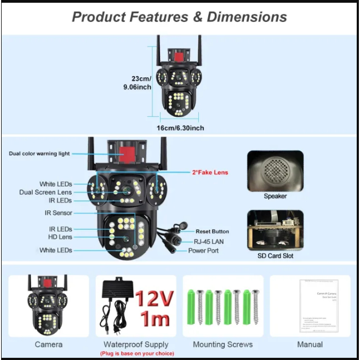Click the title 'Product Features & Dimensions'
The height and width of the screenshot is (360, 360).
click(x=179, y=16)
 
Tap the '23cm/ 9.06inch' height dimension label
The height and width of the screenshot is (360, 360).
click(x=137, y=82)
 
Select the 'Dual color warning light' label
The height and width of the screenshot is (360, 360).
click(x=39, y=153)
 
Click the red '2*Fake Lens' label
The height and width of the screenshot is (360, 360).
click(x=209, y=172)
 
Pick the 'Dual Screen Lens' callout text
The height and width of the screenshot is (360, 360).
click(x=45, y=192)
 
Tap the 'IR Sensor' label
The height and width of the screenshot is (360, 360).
click(x=59, y=213)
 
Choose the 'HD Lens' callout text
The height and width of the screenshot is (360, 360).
click(x=60, y=237)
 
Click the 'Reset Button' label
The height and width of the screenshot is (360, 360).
click(x=212, y=231)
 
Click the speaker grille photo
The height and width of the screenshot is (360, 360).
click(x=275, y=171)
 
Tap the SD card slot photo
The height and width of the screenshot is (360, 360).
click(x=275, y=230)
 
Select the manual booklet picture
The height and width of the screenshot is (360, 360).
click(x=318, y=305)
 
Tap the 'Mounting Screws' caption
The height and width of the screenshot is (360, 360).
click(x=223, y=344)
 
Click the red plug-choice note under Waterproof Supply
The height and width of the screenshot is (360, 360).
click(x=136, y=353)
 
